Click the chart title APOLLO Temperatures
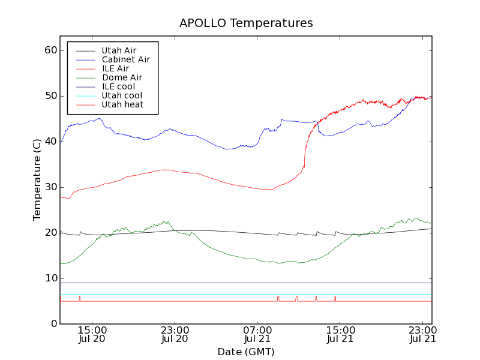click(x=246, y=23)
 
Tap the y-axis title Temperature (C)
click(x=37, y=180)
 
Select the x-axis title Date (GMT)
click(x=246, y=352)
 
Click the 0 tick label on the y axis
click(x=53, y=324)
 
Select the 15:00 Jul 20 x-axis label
click(x=92, y=334)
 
